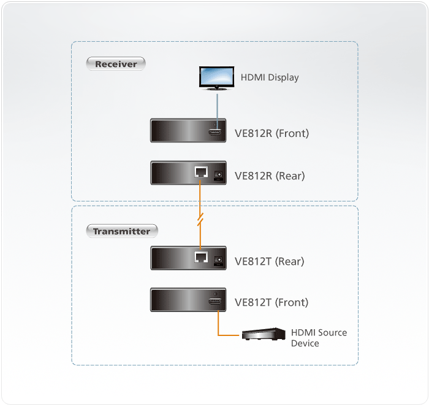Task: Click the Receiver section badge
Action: pos(116,64)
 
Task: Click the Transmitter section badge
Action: pos(121,232)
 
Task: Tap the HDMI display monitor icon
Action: pos(216,79)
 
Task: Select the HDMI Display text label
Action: pos(269,77)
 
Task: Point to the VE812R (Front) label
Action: pos(271,133)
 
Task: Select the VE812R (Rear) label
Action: pos(270,176)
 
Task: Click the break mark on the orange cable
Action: pos(199,218)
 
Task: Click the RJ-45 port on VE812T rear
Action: pos(200,259)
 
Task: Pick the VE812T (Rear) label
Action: pos(270,261)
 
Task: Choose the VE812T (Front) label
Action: pos(271,302)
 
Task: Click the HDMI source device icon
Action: pos(264,334)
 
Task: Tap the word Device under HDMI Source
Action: pos(305,343)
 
